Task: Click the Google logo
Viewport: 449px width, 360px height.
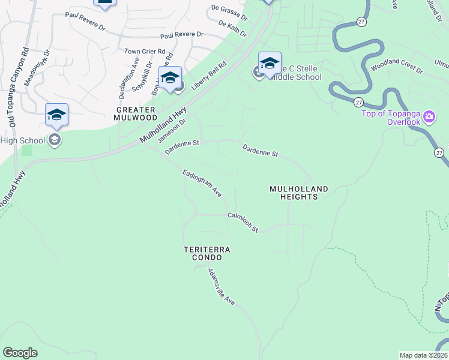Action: (x=20, y=353)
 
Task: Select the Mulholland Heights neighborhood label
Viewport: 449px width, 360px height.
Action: (x=299, y=193)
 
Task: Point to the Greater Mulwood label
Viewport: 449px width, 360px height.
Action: (x=136, y=113)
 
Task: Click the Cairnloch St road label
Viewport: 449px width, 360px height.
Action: (x=243, y=222)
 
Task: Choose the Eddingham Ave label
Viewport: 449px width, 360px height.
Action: (x=202, y=183)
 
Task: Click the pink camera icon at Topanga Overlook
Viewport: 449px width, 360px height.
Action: (x=429, y=116)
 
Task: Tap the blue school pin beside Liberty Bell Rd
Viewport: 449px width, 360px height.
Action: (x=170, y=77)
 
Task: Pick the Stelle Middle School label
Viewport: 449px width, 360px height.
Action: (x=294, y=72)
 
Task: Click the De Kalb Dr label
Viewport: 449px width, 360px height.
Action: (x=232, y=29)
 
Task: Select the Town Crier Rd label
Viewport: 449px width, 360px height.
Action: (x=145, y=52)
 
